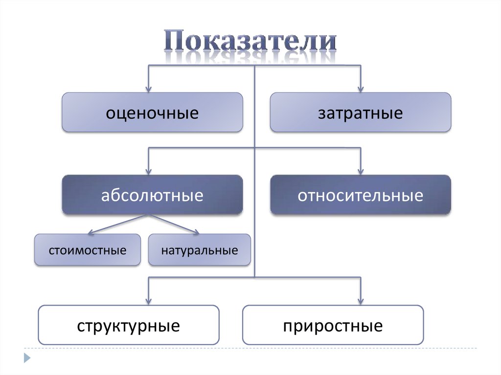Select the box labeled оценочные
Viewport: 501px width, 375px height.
152,112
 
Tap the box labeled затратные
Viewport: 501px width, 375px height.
361,112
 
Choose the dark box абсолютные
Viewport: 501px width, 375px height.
152,195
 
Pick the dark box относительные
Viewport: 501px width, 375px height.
361,195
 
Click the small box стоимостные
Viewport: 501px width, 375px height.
88,250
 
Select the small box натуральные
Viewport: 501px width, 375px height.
199,250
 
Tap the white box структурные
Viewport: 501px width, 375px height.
128,325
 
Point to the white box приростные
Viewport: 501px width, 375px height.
333,325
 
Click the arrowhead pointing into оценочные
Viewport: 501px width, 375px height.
149,88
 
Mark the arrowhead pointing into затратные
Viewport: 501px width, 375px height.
361,88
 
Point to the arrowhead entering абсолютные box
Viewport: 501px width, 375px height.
149,171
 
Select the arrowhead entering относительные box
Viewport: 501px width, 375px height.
361,171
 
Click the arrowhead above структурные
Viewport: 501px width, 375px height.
149,300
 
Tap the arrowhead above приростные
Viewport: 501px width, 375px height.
361,300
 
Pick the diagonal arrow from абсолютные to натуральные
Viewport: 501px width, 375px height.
174,223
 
